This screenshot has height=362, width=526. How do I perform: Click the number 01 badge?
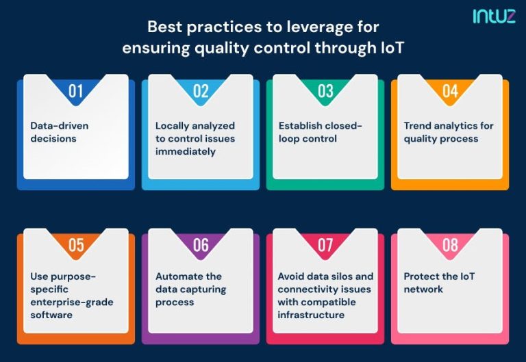[75, 91]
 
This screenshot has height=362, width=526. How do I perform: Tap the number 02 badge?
[201, 91]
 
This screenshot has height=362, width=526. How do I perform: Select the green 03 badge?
[325, 91]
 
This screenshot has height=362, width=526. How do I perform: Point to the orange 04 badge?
[450, 91]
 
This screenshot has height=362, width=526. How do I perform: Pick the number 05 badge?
[75, 245]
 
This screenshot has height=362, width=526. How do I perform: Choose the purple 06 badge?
[201, 245]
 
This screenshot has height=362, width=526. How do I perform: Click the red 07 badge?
[325, 245]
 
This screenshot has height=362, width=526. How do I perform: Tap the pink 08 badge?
[450, 245]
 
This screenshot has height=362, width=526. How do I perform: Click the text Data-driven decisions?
[59, 132]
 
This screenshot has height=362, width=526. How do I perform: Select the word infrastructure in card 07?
[310, 315]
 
